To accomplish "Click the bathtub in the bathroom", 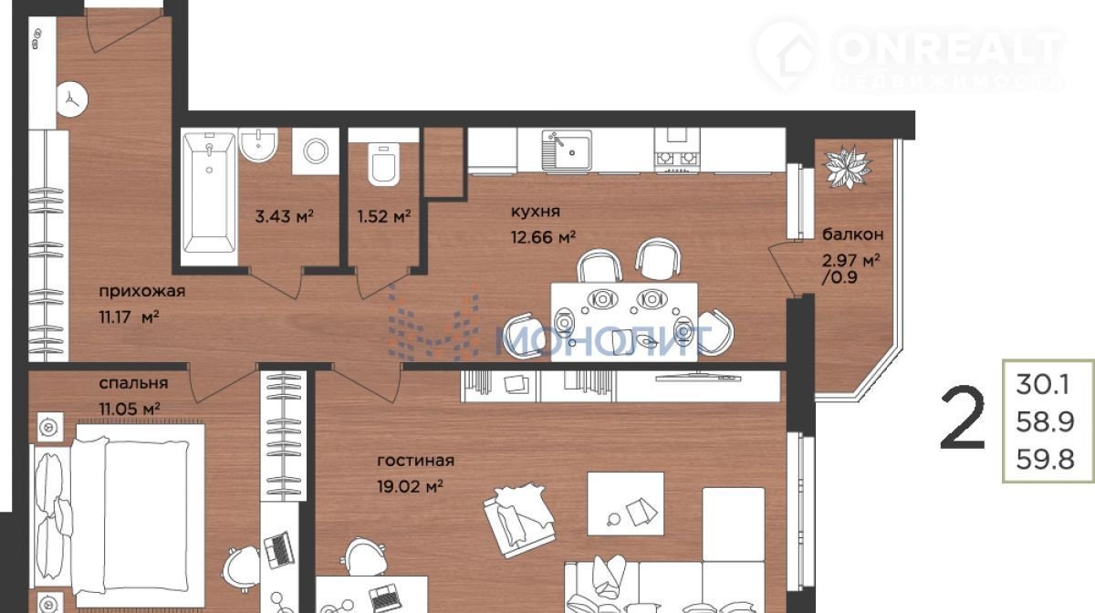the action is click(x=209, y=192).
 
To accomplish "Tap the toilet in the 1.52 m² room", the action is click(x=384, y=164).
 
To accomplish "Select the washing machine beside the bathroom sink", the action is click(x=316, y=151).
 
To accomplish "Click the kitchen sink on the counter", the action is click(x=567, y=151).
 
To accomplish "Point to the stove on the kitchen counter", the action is click(x=677, y=150).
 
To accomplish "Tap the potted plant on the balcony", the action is click(x=847, y=167).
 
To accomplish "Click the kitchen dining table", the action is click(x=624, y=322).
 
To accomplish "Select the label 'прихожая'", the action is click(x=142, y=292).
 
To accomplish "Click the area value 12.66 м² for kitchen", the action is click(x=543, y=237).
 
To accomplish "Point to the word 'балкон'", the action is click(x=853, y=234).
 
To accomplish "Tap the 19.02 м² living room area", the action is click(x=410, y=486).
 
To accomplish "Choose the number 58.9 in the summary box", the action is click(x=1045, y=421).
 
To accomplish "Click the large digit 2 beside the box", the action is click(x=962, y=418).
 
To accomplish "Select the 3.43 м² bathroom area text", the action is click(x=284, y=216).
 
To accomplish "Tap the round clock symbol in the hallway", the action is click(x=72, y=99).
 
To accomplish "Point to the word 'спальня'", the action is click(x=133, y=383).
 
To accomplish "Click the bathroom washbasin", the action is click(x=258, y=145).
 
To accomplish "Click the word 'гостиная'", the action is click(x=415, y=461).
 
